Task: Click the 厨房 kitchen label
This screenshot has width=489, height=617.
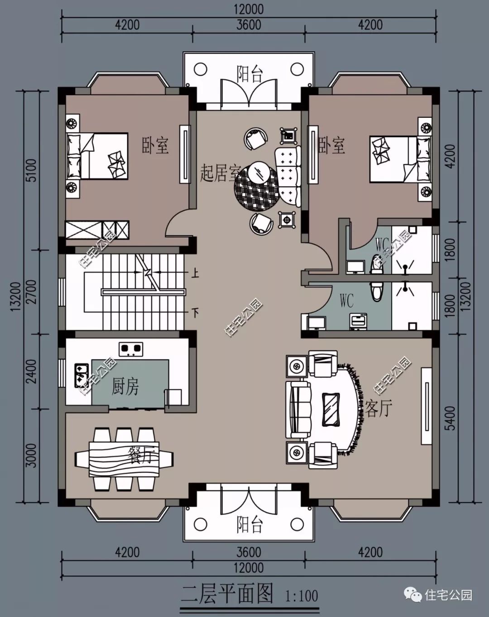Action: click(125, 386)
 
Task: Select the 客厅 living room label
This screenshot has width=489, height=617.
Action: click(379, 408)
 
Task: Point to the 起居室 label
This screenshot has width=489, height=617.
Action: click(220, 173)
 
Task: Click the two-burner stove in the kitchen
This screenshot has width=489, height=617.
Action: click(131, 350)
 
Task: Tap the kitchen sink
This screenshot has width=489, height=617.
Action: click(81, 376)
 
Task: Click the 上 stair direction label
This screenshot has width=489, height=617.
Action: click(195, 273)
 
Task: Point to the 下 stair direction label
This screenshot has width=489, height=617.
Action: click(195, 312)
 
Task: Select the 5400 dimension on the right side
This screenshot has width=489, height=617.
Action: click(451, 418)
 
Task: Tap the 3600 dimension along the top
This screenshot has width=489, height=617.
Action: click(249, 24)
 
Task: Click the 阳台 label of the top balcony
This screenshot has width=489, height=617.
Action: click(249, 74)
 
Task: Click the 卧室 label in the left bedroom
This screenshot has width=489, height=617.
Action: click(155, 146)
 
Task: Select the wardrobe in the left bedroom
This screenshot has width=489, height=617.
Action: click(97, 230)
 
